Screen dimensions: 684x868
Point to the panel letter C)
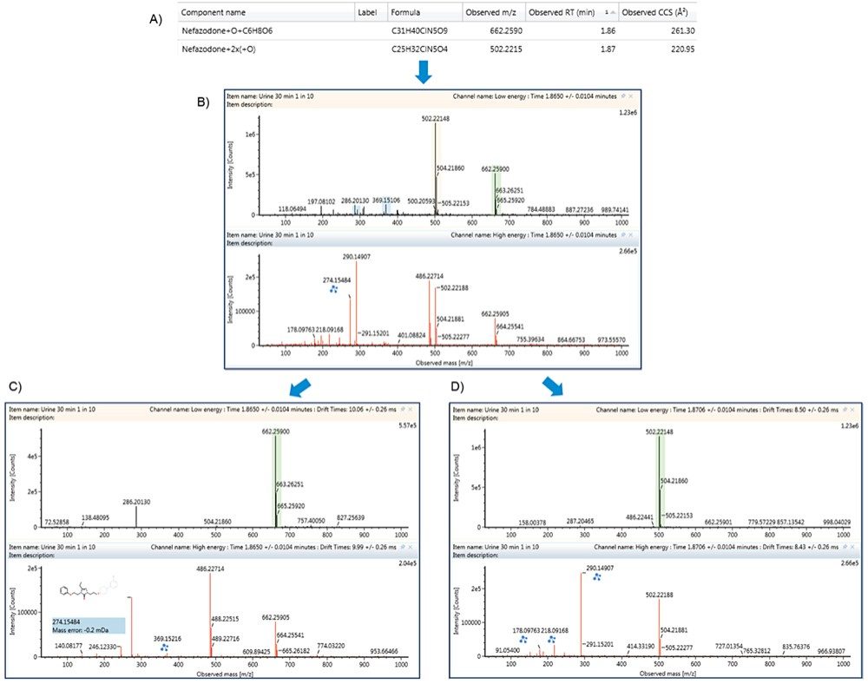tap(11, 388)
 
